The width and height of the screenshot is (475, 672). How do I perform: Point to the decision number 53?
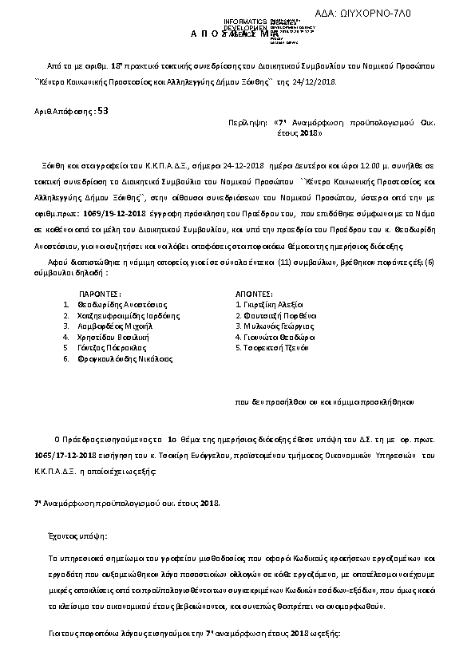tap(102, 113)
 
